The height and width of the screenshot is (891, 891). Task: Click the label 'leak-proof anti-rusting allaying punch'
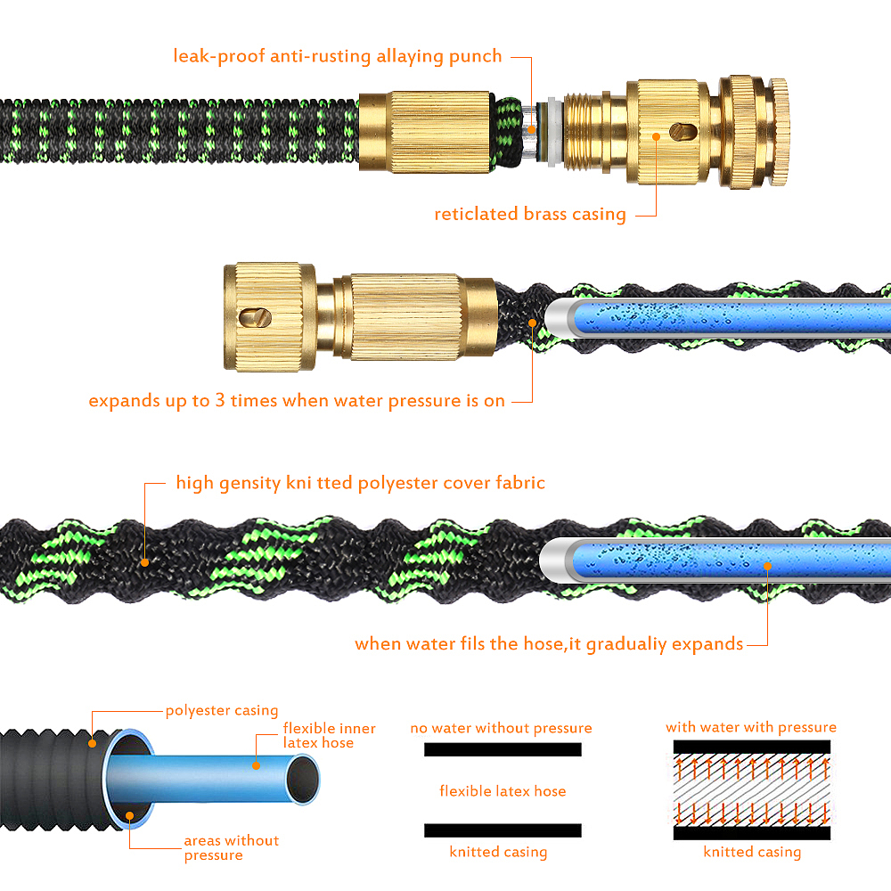[x=338, y=56]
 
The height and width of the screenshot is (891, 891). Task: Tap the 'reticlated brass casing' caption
[x=530, y=214]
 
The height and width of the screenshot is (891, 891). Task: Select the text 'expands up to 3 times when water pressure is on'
[x=297, y=401]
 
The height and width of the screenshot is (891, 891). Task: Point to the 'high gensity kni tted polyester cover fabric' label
[x=360, y=483]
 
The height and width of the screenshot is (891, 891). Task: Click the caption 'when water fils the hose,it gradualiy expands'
[x=549, y=644]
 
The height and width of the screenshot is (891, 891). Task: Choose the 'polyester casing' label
[x=222, y=710]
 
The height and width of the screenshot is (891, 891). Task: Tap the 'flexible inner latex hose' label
[x=329, y=735]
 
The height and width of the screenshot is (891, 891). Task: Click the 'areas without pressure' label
[x=232, y=848]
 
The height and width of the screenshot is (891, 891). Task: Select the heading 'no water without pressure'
[x=501, y=728]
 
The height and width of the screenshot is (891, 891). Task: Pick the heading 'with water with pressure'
[x=751, y=727]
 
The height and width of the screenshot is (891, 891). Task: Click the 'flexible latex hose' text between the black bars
[x=503, y=791]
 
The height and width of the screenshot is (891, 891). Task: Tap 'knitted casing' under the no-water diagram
[x=498, y=852]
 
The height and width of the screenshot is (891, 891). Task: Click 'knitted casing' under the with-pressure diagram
[x=752, y=852]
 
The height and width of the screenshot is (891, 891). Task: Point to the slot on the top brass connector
[x=683, y=133]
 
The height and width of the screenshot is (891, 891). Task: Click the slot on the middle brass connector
[x=255, y=318]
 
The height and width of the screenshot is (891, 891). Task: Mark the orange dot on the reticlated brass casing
[x=657, y=136]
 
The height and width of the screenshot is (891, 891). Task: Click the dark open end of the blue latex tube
[x=302, y=780]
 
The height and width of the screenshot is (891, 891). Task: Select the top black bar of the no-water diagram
[x=503, y=749]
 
